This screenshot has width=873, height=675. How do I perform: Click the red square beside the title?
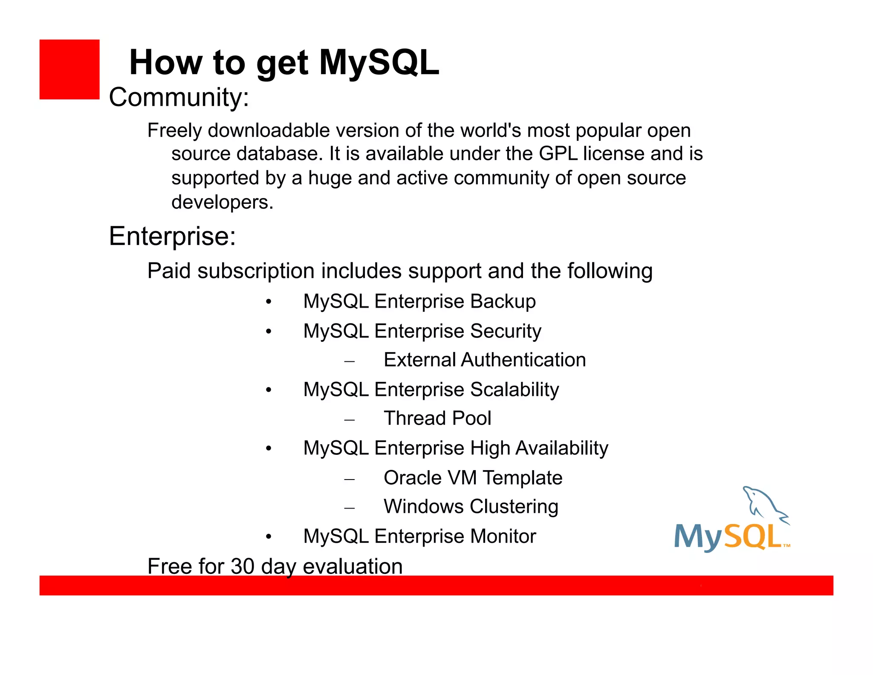click(69, 70)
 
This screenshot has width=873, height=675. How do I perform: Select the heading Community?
click(179, 97)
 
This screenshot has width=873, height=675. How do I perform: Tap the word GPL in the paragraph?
click(558, 154)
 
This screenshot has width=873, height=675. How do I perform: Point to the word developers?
click(222, 202)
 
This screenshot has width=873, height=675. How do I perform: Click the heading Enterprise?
click(172, 236)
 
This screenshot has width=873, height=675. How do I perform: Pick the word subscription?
click(256, 271)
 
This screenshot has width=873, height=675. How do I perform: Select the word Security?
click(506, 331)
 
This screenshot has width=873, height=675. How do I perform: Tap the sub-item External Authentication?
click(485, 360)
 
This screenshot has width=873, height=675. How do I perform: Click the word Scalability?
click(515, 390)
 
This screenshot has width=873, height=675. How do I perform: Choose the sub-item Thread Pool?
click(437, 419)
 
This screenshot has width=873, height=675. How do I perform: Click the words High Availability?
click(539, 448)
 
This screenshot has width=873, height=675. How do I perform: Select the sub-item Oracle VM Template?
click(473, 478)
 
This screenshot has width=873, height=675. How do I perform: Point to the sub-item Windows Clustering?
click(471, 507)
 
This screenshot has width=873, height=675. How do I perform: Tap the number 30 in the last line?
click(242, 567)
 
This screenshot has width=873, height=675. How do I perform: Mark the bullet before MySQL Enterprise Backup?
click(269, 302)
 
